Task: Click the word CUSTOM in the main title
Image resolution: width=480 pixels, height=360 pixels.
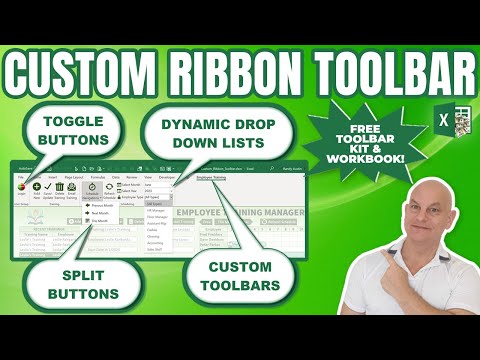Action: (96, 70)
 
